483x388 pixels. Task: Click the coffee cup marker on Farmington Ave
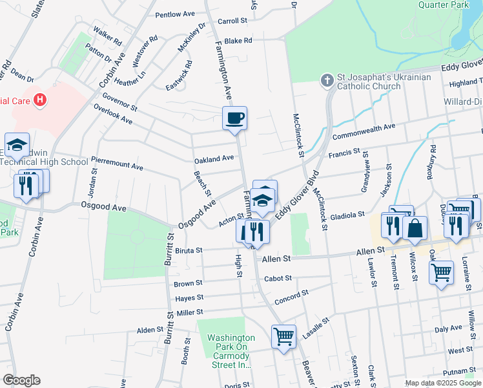(234, 118)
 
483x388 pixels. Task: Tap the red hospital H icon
(40, 100)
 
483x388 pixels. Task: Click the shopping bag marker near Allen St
(415, 228)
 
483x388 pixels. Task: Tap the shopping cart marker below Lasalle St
(283, 337)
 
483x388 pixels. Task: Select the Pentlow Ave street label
(175, 14)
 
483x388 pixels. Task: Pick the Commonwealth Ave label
(363, 131)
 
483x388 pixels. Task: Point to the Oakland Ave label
(214, 158)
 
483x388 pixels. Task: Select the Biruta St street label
(189, 250)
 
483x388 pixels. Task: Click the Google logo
(21, 380)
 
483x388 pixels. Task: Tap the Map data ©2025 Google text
(442, 383)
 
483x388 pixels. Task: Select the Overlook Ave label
(113, 114)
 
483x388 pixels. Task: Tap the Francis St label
(344, 153)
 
